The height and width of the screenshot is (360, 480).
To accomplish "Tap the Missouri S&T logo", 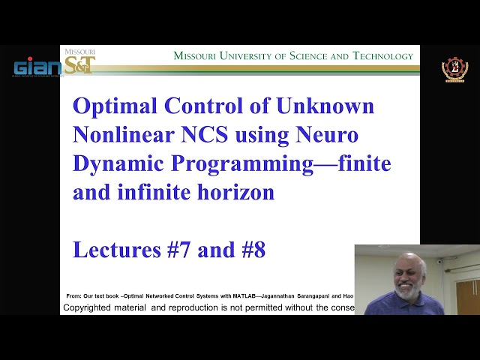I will (x=79, y=62).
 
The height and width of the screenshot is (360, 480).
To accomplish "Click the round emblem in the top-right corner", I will (x=454, y=70).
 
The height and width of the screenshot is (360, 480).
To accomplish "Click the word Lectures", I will (x=115, y=250).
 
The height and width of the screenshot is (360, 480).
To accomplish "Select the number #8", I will (x=251, y=250).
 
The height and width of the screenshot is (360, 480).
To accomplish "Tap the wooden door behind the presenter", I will (x=467, y=295).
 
